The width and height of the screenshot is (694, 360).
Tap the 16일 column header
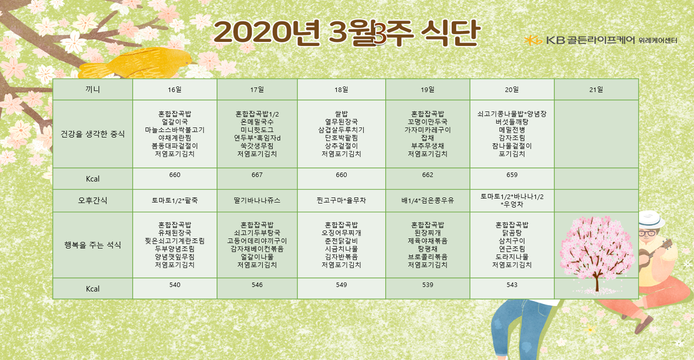click(175, 90)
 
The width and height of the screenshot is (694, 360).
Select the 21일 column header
click(596, 90)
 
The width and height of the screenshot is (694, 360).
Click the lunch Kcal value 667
click(257, 175)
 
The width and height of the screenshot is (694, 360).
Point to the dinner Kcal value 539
click(427, 285)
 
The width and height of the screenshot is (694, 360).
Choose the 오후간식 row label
click(93, 200)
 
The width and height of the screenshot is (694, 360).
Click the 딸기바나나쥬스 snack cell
click(257, 200)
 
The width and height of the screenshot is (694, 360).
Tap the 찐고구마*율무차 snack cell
click(341, 200)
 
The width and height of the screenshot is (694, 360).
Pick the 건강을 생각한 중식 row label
click(93, 134)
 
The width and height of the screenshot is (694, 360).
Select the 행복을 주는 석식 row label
click(93, 245)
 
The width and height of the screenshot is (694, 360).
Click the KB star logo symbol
click(533, 40)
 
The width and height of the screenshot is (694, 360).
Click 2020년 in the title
click(267, 32)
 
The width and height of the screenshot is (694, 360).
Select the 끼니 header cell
click(93, 90)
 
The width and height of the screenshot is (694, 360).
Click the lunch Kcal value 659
click(512, 175)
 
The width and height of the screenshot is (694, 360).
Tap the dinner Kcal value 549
click(341, 285)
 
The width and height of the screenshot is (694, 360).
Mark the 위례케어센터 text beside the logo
click(658, 40)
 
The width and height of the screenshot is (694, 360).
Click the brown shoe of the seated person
click(643, 324)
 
